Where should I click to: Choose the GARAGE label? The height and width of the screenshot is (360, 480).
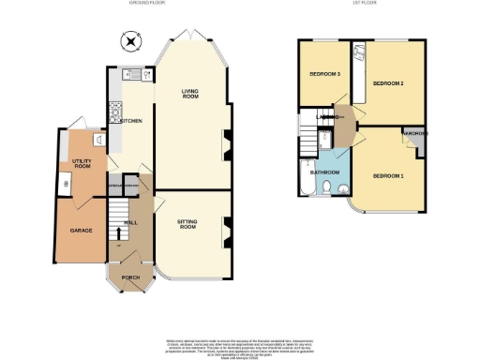pos(81,230)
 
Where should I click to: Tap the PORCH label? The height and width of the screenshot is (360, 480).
pos(130,277)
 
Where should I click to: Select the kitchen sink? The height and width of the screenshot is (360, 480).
pos(133,74)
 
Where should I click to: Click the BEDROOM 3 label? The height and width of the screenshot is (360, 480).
pos(325,73)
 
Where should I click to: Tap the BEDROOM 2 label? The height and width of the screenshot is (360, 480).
pos(387,84)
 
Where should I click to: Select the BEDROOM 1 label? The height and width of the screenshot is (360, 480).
pos(386,175)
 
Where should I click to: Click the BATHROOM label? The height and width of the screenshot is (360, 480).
pos(325,172)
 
